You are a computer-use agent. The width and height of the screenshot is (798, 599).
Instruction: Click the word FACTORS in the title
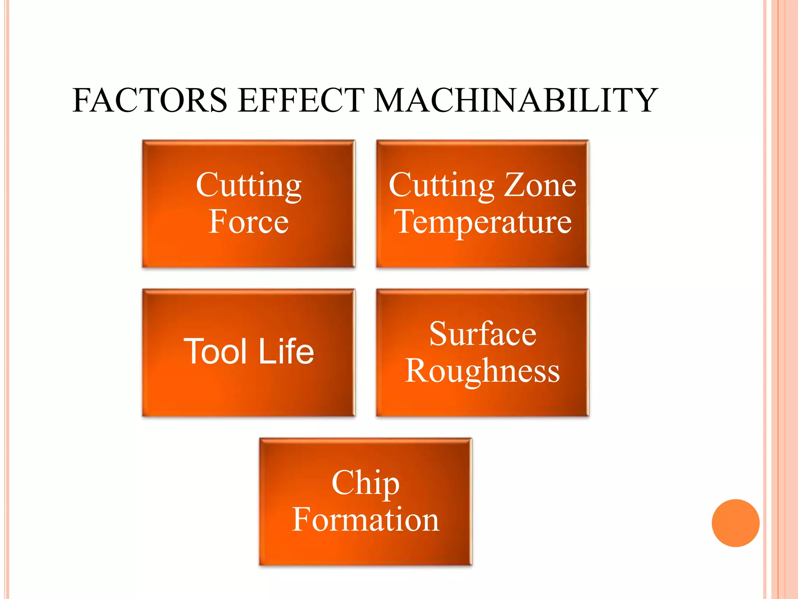click(x=150, y=100)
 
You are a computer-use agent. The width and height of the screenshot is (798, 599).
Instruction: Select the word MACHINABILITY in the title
click(x=516, y=100)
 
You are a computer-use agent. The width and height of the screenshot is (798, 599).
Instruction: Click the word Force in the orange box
click(x=249, y=222)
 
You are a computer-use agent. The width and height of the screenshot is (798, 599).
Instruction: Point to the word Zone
click(x=540, y=185)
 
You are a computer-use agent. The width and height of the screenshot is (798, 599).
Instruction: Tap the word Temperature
click(x=483, y=222)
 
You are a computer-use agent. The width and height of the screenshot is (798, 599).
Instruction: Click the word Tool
click(x=215, y=352)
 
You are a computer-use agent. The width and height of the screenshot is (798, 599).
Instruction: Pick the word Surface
click(x=483, y=334)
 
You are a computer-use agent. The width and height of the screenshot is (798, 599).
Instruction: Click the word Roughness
click(x=483, y=371)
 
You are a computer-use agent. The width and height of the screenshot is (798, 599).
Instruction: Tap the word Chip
click(x=365, y=483)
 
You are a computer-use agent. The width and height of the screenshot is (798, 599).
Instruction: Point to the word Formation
click(x=365, y=520)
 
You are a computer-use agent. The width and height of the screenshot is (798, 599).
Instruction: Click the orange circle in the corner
click(x=735, y=523)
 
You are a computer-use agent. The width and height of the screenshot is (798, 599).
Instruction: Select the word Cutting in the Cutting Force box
click(x=249, y=186)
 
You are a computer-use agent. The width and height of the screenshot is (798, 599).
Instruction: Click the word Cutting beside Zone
click(x=441, y=186)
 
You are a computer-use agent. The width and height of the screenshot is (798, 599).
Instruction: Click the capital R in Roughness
click(x=417, y=370)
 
